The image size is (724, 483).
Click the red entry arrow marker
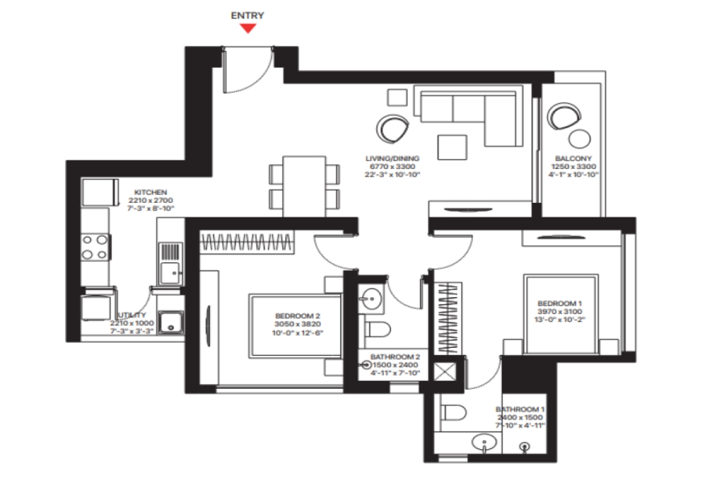(248, 28)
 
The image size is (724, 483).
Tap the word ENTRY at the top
(247, 16)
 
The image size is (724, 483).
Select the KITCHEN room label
(150, 192)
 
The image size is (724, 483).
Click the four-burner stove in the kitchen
(95, 247)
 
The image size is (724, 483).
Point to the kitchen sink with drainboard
(170, 263)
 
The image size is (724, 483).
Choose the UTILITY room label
(132, 316)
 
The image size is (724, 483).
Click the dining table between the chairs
(304, 185)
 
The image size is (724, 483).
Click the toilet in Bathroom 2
(378, 330)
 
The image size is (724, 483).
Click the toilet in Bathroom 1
(453, 413)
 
